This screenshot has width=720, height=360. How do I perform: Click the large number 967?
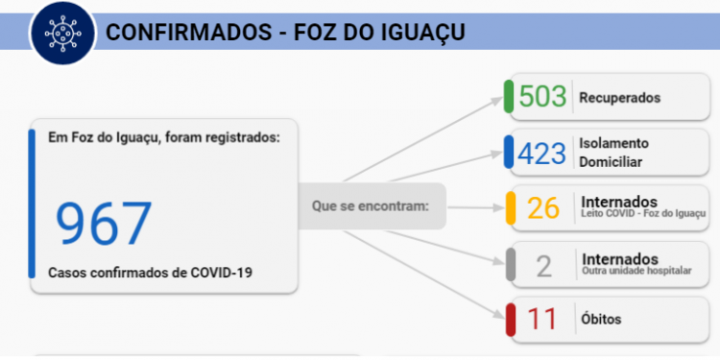pos(103,224)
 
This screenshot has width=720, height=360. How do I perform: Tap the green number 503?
pos(542,97)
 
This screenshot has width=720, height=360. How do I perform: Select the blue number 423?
pos(542,153)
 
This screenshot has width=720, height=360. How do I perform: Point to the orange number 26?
pos(543,208)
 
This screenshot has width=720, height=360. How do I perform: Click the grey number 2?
pos(543,265)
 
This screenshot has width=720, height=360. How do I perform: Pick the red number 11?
pos(542,319)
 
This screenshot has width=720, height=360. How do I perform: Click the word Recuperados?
pos(620,97)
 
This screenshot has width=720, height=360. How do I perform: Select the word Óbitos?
pos(601,319)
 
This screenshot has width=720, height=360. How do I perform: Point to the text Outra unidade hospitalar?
pos(636,271)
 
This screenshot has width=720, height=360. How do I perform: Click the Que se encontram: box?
pos(371,205)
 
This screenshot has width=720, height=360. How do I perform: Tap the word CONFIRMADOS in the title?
pos(181,32)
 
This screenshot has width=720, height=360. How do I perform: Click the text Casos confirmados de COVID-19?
pos(151,273)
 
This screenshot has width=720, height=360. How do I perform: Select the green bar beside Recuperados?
pos(509,97)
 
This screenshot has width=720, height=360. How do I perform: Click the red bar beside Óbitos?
pos(510,320)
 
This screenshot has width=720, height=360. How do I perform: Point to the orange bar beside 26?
pos(510,208)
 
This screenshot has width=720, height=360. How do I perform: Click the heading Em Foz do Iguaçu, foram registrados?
pos(164,137)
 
